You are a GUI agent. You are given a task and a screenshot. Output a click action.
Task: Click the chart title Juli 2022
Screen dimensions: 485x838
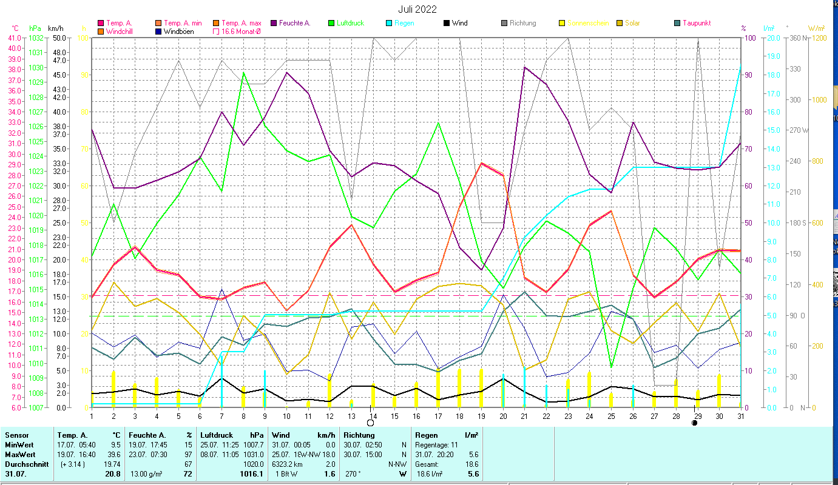click(417, 9)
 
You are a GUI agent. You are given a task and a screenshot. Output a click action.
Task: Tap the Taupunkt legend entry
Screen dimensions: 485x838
click(696, 23)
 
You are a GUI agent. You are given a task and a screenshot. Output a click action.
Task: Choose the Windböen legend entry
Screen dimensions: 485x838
click(179, 31)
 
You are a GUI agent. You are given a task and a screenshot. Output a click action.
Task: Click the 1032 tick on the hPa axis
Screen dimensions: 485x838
click(35, 38)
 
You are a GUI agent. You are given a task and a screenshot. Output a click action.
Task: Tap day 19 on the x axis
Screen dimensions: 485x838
click(481, 415)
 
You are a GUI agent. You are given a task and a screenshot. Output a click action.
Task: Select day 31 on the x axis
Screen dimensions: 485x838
click(741, 415)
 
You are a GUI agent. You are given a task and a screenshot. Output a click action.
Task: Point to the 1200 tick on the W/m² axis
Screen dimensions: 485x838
click(817, 38)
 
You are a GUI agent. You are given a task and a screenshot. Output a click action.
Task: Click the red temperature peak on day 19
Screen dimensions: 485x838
click(481, 163)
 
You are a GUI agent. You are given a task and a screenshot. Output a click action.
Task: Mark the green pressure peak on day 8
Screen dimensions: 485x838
click(243, 73)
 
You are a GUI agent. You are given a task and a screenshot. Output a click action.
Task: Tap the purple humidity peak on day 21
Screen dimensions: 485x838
click(525, 67)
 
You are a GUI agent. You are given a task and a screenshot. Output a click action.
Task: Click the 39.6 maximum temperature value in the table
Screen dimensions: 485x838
click(113, 454)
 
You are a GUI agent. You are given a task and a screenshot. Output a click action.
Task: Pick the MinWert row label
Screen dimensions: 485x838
click(19, 444)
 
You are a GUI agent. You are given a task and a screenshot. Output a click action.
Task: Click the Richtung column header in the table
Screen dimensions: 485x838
click(359, 435)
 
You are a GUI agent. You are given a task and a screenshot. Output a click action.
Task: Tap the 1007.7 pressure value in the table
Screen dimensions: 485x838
click(252, 444)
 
